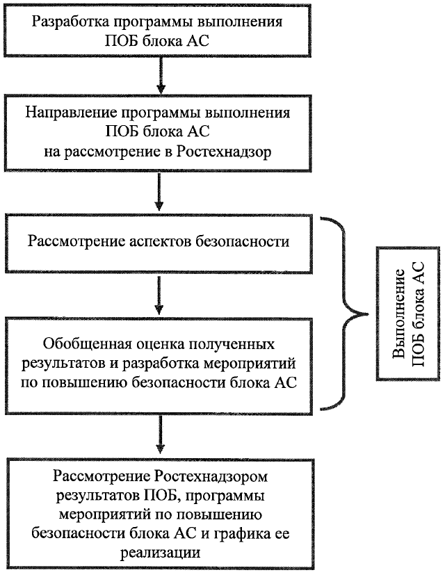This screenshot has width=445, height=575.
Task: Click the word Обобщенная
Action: [81, 344]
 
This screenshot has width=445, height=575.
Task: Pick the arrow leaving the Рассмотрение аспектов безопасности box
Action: [161, 295]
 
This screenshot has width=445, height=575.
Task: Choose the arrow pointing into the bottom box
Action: [161, 435]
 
